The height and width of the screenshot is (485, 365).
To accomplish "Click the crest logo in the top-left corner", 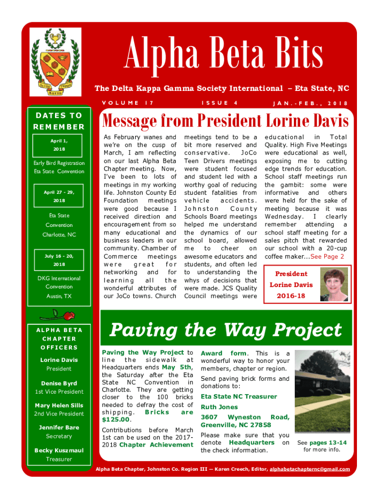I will (x=55, y=62).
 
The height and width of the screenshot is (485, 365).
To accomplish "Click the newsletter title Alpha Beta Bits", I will (x=224, y=54).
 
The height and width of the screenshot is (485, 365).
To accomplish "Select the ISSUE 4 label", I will (x=219, y=103).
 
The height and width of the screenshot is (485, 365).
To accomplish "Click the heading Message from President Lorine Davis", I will (x=226, y=121).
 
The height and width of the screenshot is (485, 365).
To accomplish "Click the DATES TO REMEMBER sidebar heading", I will (x=59, y=121).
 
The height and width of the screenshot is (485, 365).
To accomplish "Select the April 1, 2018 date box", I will (x=59, y=145).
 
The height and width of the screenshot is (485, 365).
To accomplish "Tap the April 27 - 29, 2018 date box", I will (x=59, y=197).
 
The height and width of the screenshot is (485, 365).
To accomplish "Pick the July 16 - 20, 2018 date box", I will (x=59, y=260).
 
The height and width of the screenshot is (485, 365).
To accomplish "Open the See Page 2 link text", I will (x=327, y=256).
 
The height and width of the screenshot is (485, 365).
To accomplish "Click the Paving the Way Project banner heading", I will (x=226, y=330).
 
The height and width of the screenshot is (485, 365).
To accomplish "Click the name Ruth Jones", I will (x=219, y=407).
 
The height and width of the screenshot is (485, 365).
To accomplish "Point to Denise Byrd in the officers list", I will (x=59, y=383).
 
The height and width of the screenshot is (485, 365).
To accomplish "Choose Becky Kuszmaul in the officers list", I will (x=59, y=450).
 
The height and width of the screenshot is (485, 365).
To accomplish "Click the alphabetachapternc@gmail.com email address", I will (x=310, y=469).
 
